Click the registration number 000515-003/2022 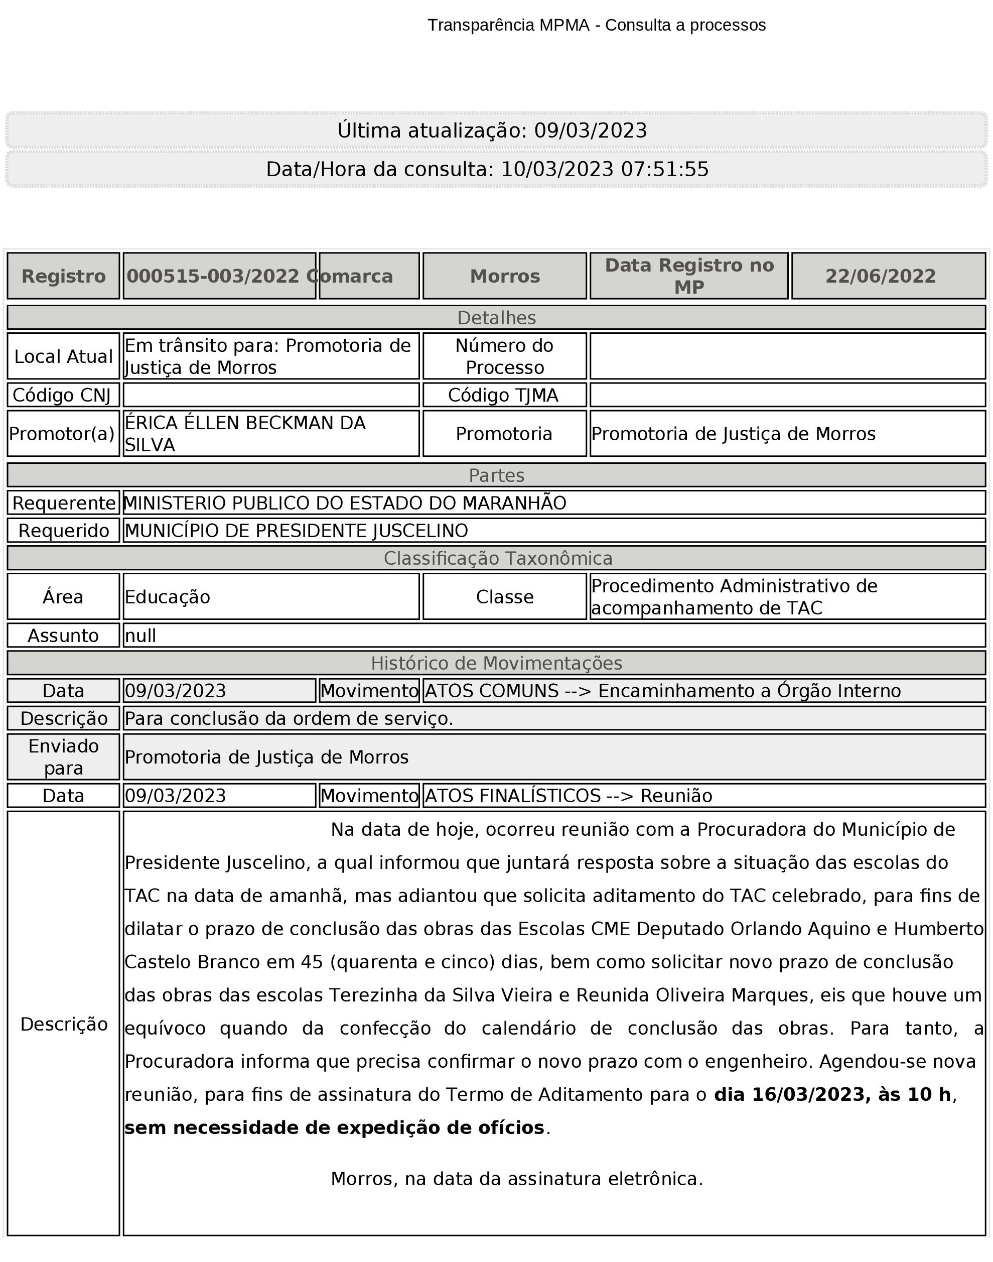213,276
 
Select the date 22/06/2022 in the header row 880,276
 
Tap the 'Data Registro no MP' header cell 689,276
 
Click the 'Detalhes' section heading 497,318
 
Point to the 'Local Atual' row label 63,356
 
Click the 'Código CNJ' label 62,395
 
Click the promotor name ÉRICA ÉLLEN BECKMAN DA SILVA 245,433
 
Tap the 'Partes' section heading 497,475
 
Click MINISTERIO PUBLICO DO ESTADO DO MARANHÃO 345,502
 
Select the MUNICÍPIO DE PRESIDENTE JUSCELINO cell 296,531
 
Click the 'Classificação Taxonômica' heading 498,558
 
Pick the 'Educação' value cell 168,597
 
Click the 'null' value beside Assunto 140,635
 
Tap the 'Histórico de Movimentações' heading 497,663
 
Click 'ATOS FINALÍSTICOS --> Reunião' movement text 568,796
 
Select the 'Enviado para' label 63,756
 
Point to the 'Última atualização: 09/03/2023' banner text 492,131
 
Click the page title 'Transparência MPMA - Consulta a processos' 597,25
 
